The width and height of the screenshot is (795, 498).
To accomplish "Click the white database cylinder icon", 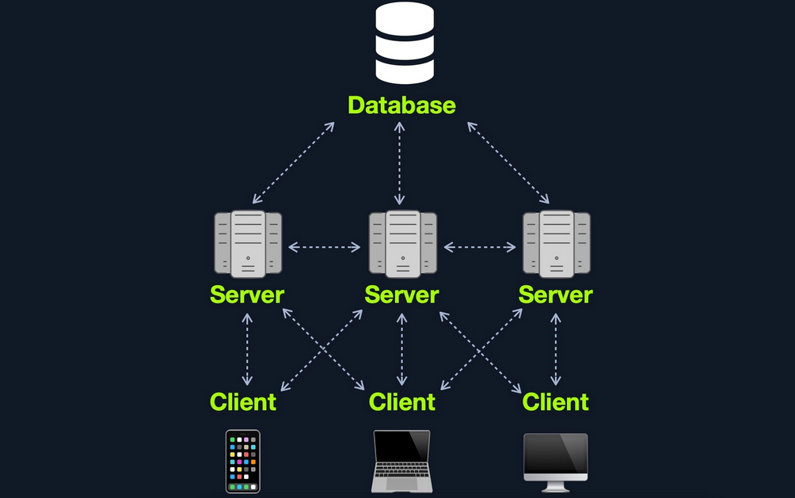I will pyautogui.click(x=404, y=44).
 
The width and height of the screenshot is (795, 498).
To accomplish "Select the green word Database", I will pyautogui.click(x=402, y=105).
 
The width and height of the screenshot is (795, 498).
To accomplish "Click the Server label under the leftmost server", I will pyautogui.click(x=247, y=295).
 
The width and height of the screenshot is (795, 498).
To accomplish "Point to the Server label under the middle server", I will pyautogui.click(x=401, y=295).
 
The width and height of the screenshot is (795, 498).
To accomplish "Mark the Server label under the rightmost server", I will pyautogui.click(x=556, y=295).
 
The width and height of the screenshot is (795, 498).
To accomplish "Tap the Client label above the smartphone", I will pyautogui.click(x=243, y=402).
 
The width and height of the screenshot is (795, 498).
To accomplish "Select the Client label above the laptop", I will pyautogui.click(x=402, y=402).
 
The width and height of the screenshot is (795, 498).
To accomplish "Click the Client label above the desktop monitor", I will pyautogui.click(x=556, y=402).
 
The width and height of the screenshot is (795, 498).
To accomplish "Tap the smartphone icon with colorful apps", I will pyautogui.click(x=242, y=462).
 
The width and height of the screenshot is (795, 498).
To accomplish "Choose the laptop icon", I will pyautogui.click(x=401, y=462).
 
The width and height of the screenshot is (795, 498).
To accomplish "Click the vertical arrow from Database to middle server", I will pyautogui.click(x=401, y=164).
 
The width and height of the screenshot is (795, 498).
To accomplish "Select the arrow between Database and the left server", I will pyautogui.click(x=294, y=163).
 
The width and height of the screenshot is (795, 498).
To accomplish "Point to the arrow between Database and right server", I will pyautogui.click(x=509, y=163).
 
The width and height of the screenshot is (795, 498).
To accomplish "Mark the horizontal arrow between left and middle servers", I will pyautogui.click(x=325, y=248).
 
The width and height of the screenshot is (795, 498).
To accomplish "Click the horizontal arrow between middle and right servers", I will pyautogui.click(x=479, y=248).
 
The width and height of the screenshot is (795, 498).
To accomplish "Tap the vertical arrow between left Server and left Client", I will pyautogui.click(x=247, y=349).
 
